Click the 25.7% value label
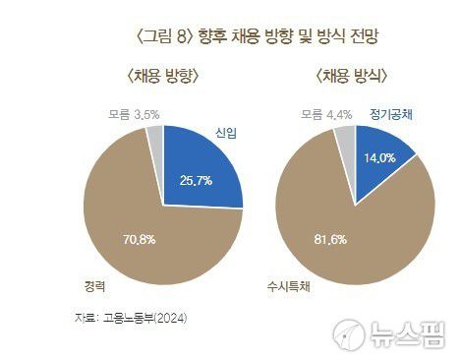point(198,181)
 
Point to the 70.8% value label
point(138,238)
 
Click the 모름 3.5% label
point(135,115)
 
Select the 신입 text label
point(226,132)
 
